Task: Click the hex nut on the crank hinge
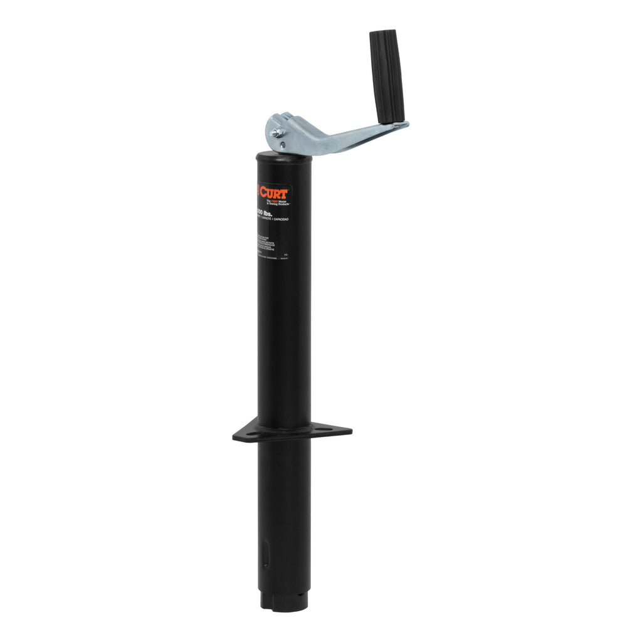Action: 275,132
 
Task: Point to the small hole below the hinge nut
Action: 282,145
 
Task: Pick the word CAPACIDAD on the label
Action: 280,219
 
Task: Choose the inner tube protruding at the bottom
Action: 285,598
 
